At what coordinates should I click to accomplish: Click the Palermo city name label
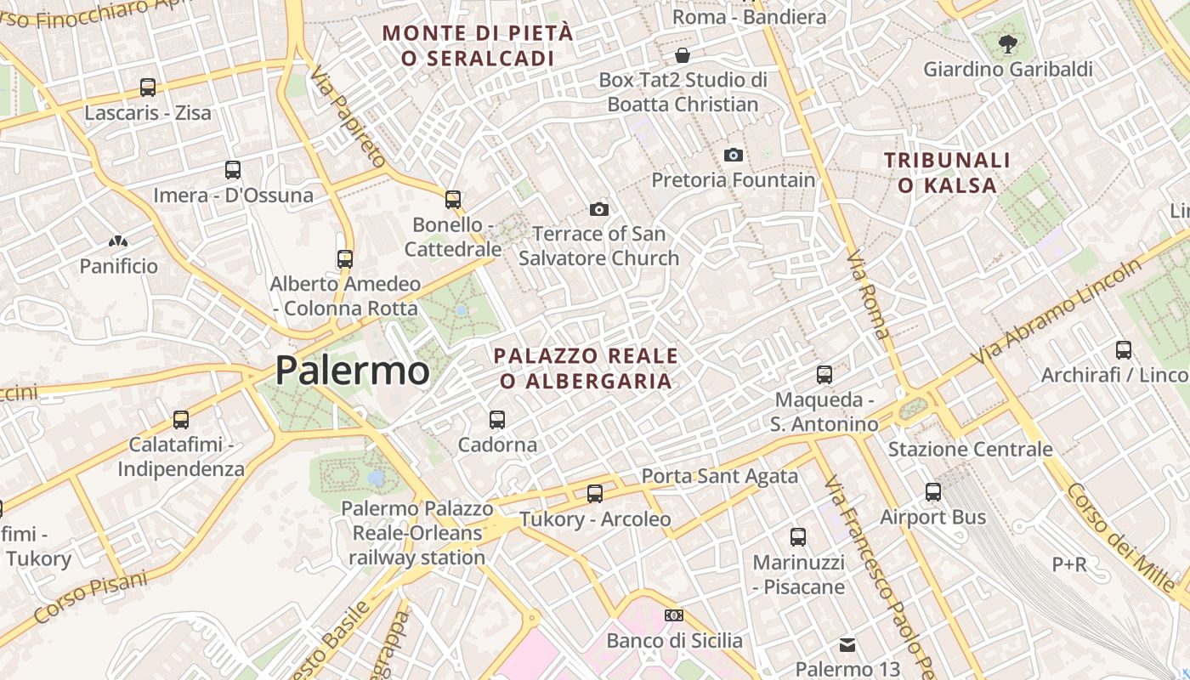(x=352, y=371)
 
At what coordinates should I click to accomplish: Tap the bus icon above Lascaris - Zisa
(x=148, y=87)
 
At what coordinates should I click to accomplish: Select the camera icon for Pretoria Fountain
(x=733, y=155)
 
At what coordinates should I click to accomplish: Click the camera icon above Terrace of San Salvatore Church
(x=598, y=209)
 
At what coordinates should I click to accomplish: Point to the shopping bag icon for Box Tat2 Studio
(x=682, y=55)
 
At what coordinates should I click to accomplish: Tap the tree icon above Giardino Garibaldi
(x=1008, y=44)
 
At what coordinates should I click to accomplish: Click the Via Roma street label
(x=868, y=294)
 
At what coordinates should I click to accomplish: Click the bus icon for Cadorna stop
(x=497, y=419)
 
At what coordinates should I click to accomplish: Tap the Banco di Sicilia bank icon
(x=673, y=615)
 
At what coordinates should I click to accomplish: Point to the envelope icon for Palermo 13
(x=847, y=644)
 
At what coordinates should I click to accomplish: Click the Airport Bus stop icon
(x=933, y=491)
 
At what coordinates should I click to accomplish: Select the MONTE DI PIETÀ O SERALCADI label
(x=478, y=46)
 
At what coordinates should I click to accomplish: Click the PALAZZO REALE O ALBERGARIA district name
(x=586, y=368)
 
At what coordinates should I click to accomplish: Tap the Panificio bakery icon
(x=118, y=242)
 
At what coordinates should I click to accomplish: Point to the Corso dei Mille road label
(x=1122, y=535)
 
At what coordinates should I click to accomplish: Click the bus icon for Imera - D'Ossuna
(x=233, y=169)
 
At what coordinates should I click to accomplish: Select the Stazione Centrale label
(x=970, y=449)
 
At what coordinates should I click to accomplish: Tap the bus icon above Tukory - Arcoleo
(x=595, y=493)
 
